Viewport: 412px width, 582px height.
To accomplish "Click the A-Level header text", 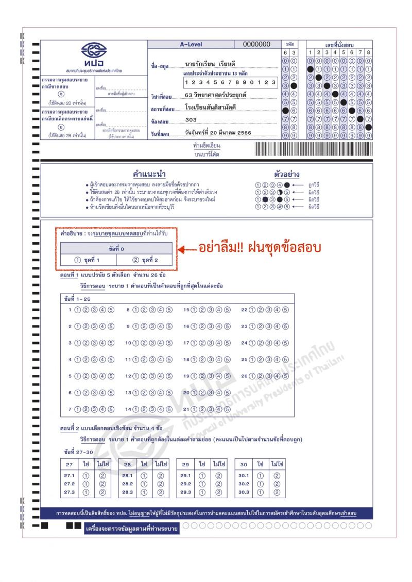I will [x=191, y=45].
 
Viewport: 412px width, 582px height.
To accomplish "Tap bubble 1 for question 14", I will [x=136, y=409].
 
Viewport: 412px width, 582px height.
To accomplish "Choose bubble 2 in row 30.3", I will [x=277, y=492].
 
